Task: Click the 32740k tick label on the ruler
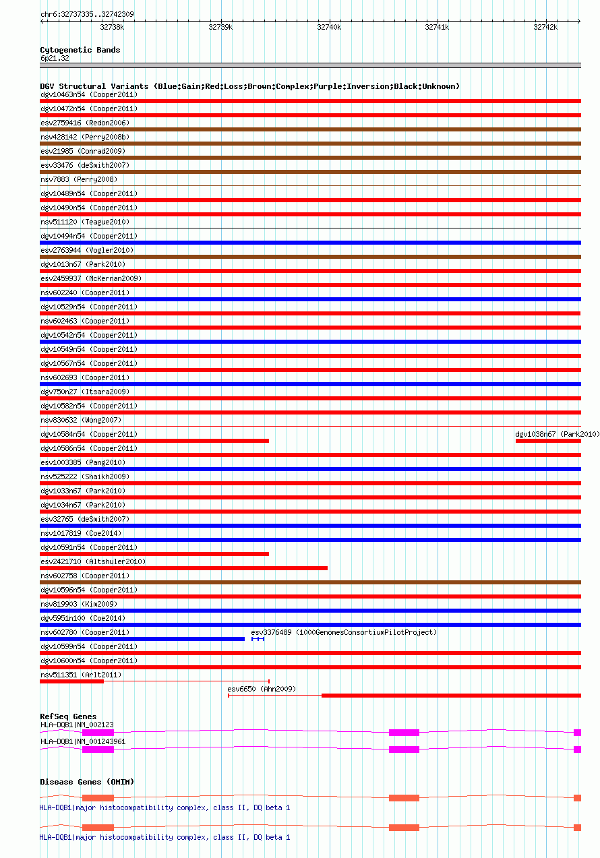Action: click(x=329, y=28)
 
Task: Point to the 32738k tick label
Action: click(x=112, y=28)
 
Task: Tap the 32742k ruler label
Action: click(x=545, y=28)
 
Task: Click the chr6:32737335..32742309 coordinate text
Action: click(x=87, y=14)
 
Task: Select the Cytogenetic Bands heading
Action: click(x=80, y=50)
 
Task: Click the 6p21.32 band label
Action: click(x=55, y=58)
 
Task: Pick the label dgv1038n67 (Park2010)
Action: click(x=557, y=434)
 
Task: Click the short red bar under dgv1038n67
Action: click(x=548, y=441)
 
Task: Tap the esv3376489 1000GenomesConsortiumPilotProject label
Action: click(x=344, y=632)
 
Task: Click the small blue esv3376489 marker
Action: click(x=258, y=638)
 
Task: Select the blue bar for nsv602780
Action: click(x=142, y=638)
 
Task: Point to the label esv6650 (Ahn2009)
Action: click(x=262, y=689)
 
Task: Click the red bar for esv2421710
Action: click(x=183, y=568)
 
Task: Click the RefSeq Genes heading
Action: click(x=68, y=716)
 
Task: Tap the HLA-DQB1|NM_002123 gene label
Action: click(x=77, y=724)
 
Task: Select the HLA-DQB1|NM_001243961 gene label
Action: click(x=83, y=741)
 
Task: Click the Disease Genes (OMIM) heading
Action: click(x=87, y=782)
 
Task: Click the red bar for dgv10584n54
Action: click(x=154, y=441)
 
